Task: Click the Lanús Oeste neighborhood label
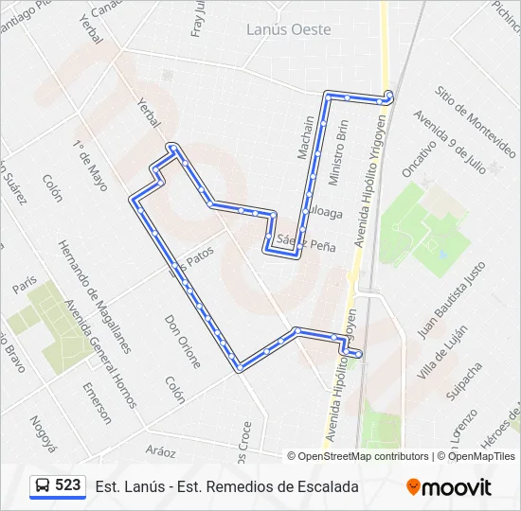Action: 288,29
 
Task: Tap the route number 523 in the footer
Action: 67,485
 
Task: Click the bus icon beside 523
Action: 43,486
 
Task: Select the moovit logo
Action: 449,487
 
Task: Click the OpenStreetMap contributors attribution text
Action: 363,456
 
